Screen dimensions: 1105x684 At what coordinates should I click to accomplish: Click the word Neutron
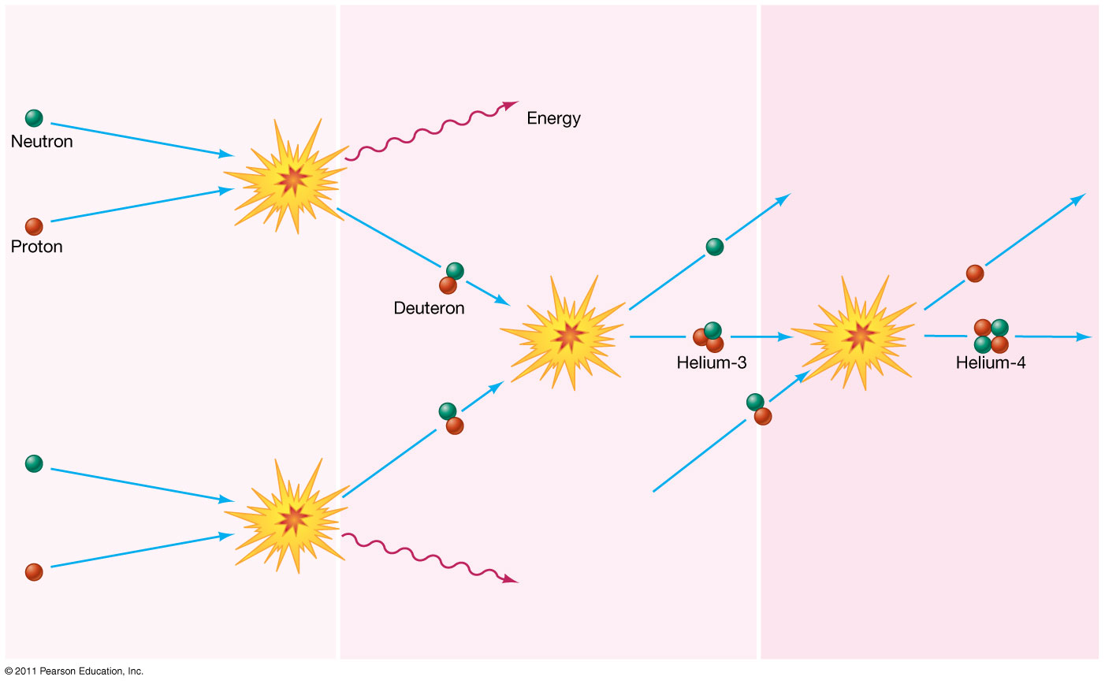[x=42, y=142]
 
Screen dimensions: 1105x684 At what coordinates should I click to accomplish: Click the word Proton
[x=36, y=247]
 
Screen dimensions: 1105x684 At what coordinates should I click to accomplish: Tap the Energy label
[x=553, y=119]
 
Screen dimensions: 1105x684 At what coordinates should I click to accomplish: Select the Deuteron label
[x=429, y=308]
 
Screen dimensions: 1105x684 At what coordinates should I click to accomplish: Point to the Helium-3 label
[x=712, y=363]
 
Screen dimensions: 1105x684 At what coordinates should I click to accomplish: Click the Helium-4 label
[x=991, y=363]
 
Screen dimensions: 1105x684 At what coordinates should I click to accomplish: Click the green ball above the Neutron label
[x=34, y=118]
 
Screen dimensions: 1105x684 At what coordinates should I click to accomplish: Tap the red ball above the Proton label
[x=34, y=227]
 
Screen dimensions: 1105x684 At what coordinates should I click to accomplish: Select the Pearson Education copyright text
[x=74, y=671]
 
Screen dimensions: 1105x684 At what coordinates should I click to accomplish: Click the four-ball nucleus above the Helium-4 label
[x=991, y=336]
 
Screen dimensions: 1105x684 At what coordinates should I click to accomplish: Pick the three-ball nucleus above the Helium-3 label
[x=709, y=337]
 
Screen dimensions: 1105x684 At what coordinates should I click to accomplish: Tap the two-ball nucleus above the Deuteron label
[x=452, y=278]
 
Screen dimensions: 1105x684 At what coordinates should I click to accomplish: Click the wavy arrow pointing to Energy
[x=430, y=131]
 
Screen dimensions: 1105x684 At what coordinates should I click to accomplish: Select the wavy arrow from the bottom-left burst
[x=430, y=558]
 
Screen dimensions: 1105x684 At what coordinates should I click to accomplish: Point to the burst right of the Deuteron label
[x=564, y=333]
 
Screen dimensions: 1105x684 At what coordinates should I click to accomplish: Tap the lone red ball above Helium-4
[x=975, y=273]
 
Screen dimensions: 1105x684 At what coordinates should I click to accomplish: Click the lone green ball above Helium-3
[x=715, y=247]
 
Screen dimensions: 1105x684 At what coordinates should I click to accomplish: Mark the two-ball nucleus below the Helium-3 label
[x=759, y=409]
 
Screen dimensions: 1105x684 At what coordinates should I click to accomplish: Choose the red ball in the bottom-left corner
[x=34, y=573]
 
